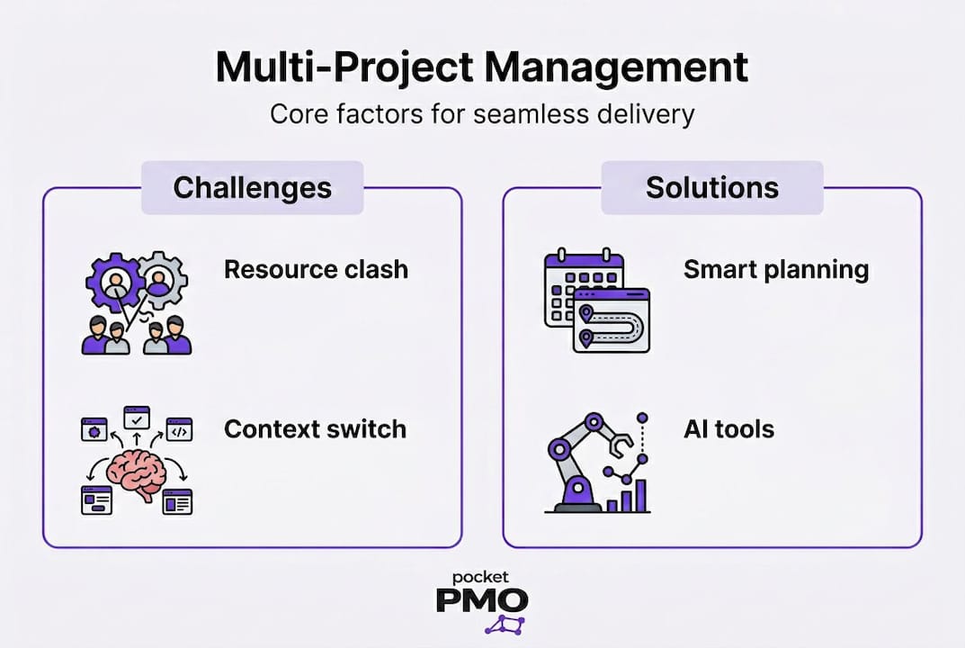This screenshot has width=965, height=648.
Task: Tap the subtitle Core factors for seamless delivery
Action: [x=482, y=115]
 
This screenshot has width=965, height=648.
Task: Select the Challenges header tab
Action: [x=252, y=187]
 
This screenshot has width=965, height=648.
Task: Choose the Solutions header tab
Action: [x=711, y=187]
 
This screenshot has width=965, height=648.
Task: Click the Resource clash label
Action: [x=316, y=269]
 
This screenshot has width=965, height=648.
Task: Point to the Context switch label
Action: [x=315, y=428]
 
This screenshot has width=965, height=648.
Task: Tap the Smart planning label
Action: [x=776, y=269]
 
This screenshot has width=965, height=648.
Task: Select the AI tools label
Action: [x=728, y=428]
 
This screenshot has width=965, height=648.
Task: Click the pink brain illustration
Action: [x=137, y=474]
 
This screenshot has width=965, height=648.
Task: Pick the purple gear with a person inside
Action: [x=115, y=281]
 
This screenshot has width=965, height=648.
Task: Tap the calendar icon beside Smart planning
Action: [x=576, y=279]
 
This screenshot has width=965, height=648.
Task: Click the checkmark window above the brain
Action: [x=137, y=418]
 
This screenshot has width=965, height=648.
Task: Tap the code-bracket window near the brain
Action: [x=179, y=430]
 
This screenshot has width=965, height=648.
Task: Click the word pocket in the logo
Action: [x=482, y=576]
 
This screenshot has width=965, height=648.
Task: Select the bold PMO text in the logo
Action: [x=482, y=600]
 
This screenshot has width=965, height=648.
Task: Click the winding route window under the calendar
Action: [x=612, y=322]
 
